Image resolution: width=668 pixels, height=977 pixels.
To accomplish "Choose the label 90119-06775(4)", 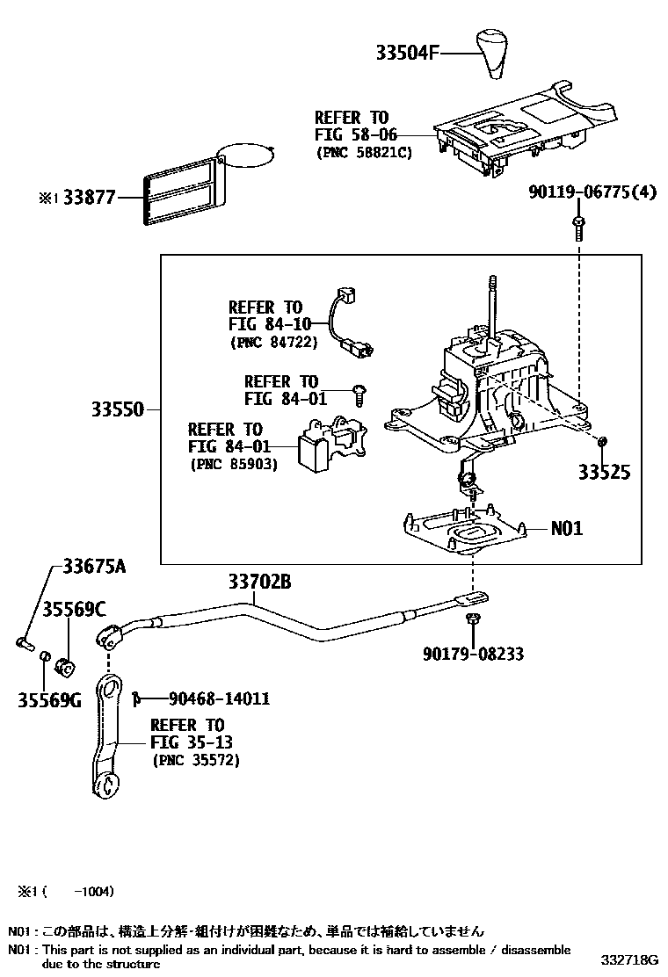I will pos(592,193).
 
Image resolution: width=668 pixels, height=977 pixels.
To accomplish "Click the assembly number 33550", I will pos(118,409).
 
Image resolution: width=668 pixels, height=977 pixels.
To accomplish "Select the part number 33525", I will pos(604,473).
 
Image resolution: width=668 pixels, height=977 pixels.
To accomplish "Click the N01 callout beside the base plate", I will pos(566,529).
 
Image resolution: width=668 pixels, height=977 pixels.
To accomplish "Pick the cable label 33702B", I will pos(259,581).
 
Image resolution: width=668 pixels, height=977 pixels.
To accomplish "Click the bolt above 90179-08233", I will pos(474,621).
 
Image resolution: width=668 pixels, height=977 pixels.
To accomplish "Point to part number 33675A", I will pos(93,567).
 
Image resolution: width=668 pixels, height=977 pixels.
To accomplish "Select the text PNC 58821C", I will pos(363,152).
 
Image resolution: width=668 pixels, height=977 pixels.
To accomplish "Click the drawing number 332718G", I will pos(630,958).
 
